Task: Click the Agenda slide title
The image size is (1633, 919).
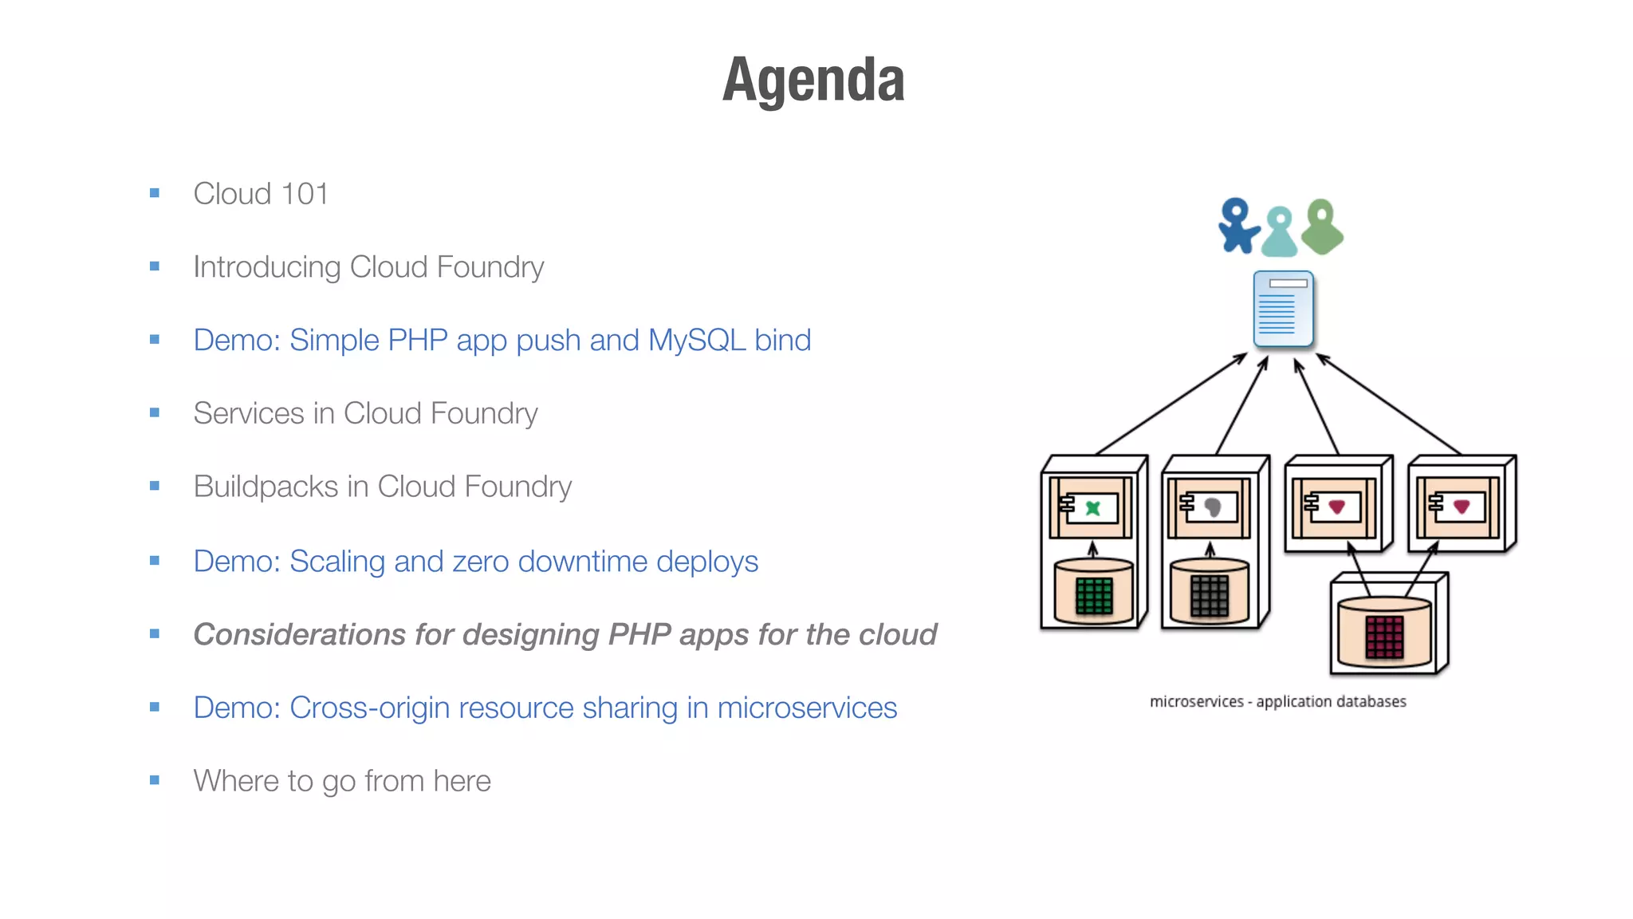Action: pyautogui.click(x=813, y=80)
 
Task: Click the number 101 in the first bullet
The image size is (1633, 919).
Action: pyautogui.click(x=304, y=194)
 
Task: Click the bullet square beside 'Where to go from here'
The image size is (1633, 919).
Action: pyautogui.click(x=155, y=780)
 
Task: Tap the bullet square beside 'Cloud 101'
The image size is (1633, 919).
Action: pyautogui.click(x=155, y=193)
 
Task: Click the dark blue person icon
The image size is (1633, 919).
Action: pyautogui.click(x=1238, y=226)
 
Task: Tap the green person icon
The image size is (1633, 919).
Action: pyautogui.click(x=1322, y=227)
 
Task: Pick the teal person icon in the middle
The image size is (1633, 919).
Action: pyautogui.click(x=1280, y=232)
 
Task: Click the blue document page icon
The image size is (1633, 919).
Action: pyautogui.click(x=1283, y=310)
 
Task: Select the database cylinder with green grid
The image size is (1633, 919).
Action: pyautogui.click(x=1093, y=592)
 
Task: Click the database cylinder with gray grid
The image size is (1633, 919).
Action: pyautogui.click(x=1210, y=592)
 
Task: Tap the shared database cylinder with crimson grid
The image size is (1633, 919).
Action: pyautogui.click(x=1384, y=633)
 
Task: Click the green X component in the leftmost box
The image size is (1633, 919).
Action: pyautogui.click(x=1093, y=508)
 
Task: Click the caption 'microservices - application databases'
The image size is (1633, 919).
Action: pyautogui.click(x=1277, y=702)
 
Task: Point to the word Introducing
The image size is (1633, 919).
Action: pyautogui.click(x=266, y=267)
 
